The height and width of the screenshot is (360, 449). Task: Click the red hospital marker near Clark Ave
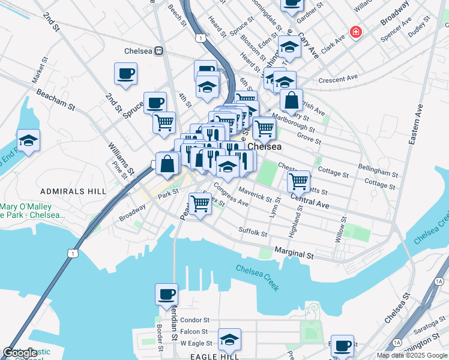[356, 32]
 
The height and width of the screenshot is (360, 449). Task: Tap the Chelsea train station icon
[159, 51]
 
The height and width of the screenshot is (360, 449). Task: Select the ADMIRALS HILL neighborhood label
[73, 191]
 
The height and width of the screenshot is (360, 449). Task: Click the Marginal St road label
[294, 254]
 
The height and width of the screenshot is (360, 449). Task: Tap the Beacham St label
[55, 100]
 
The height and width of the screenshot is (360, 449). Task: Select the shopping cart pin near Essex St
[200, 203]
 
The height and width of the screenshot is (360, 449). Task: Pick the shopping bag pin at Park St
[167, 163]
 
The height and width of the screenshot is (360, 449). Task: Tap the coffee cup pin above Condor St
[166, 294]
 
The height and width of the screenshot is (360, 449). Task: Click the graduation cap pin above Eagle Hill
[229, 339]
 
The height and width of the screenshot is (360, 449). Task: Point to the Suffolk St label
[252, 231]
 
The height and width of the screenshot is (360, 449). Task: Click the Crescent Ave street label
[338, 79]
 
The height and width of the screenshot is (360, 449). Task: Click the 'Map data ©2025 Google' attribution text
[412, 355]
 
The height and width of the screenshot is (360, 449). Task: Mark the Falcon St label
[193, 331]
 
